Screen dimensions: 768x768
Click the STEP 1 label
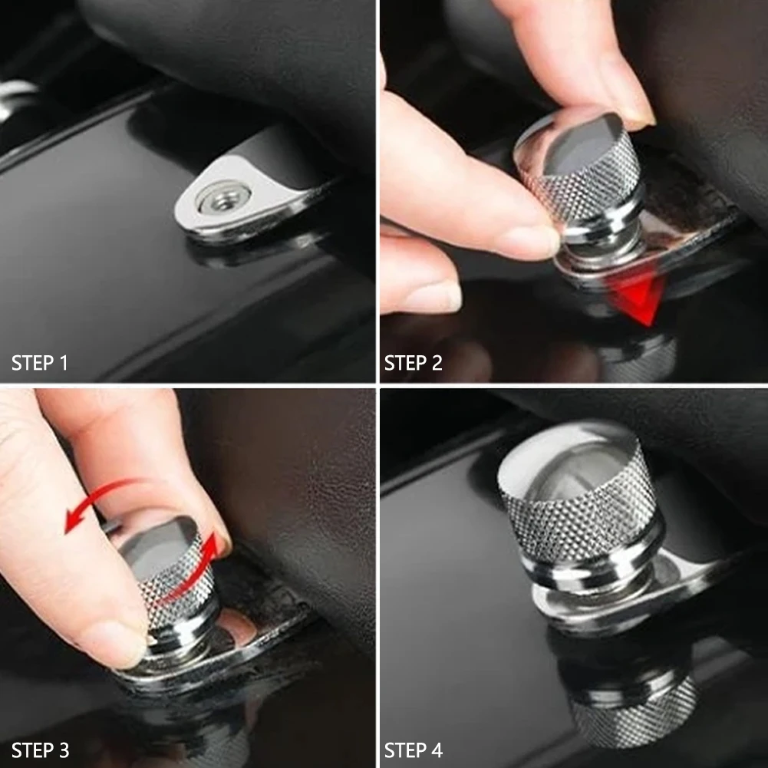point(39,363)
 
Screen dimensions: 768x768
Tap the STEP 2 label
point(413,363)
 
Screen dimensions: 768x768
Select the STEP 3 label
point(40,750)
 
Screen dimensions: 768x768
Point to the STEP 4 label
point(414,750)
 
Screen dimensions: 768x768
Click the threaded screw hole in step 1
point(223,197)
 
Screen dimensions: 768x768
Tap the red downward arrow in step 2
point(638,294)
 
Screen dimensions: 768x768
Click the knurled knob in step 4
point(580,505)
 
